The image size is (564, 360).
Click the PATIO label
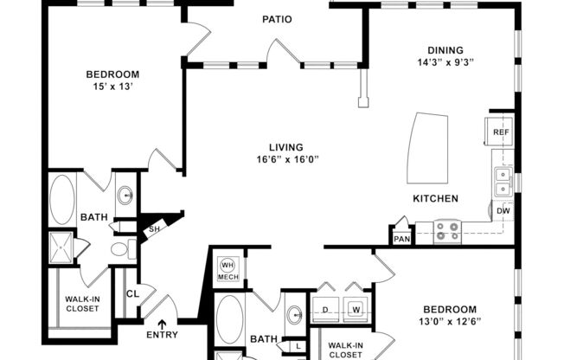click(278, 18)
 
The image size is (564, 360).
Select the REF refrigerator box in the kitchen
click(500, 132)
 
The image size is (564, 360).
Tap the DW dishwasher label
click(503, 209)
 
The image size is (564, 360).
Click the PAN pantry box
click(401, 238)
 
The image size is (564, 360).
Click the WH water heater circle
click(228, 265)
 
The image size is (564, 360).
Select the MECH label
click(228, 277)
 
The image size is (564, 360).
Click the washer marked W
click(356, 307)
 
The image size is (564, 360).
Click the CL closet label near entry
click(132, 293)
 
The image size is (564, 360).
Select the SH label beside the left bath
click(154, 229)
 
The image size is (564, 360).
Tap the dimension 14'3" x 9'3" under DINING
click(445, 62)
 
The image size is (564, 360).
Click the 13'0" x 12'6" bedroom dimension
click(451, 321)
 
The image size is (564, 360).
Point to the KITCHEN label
click(434, 198)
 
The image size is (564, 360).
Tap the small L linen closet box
click(297, 346)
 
